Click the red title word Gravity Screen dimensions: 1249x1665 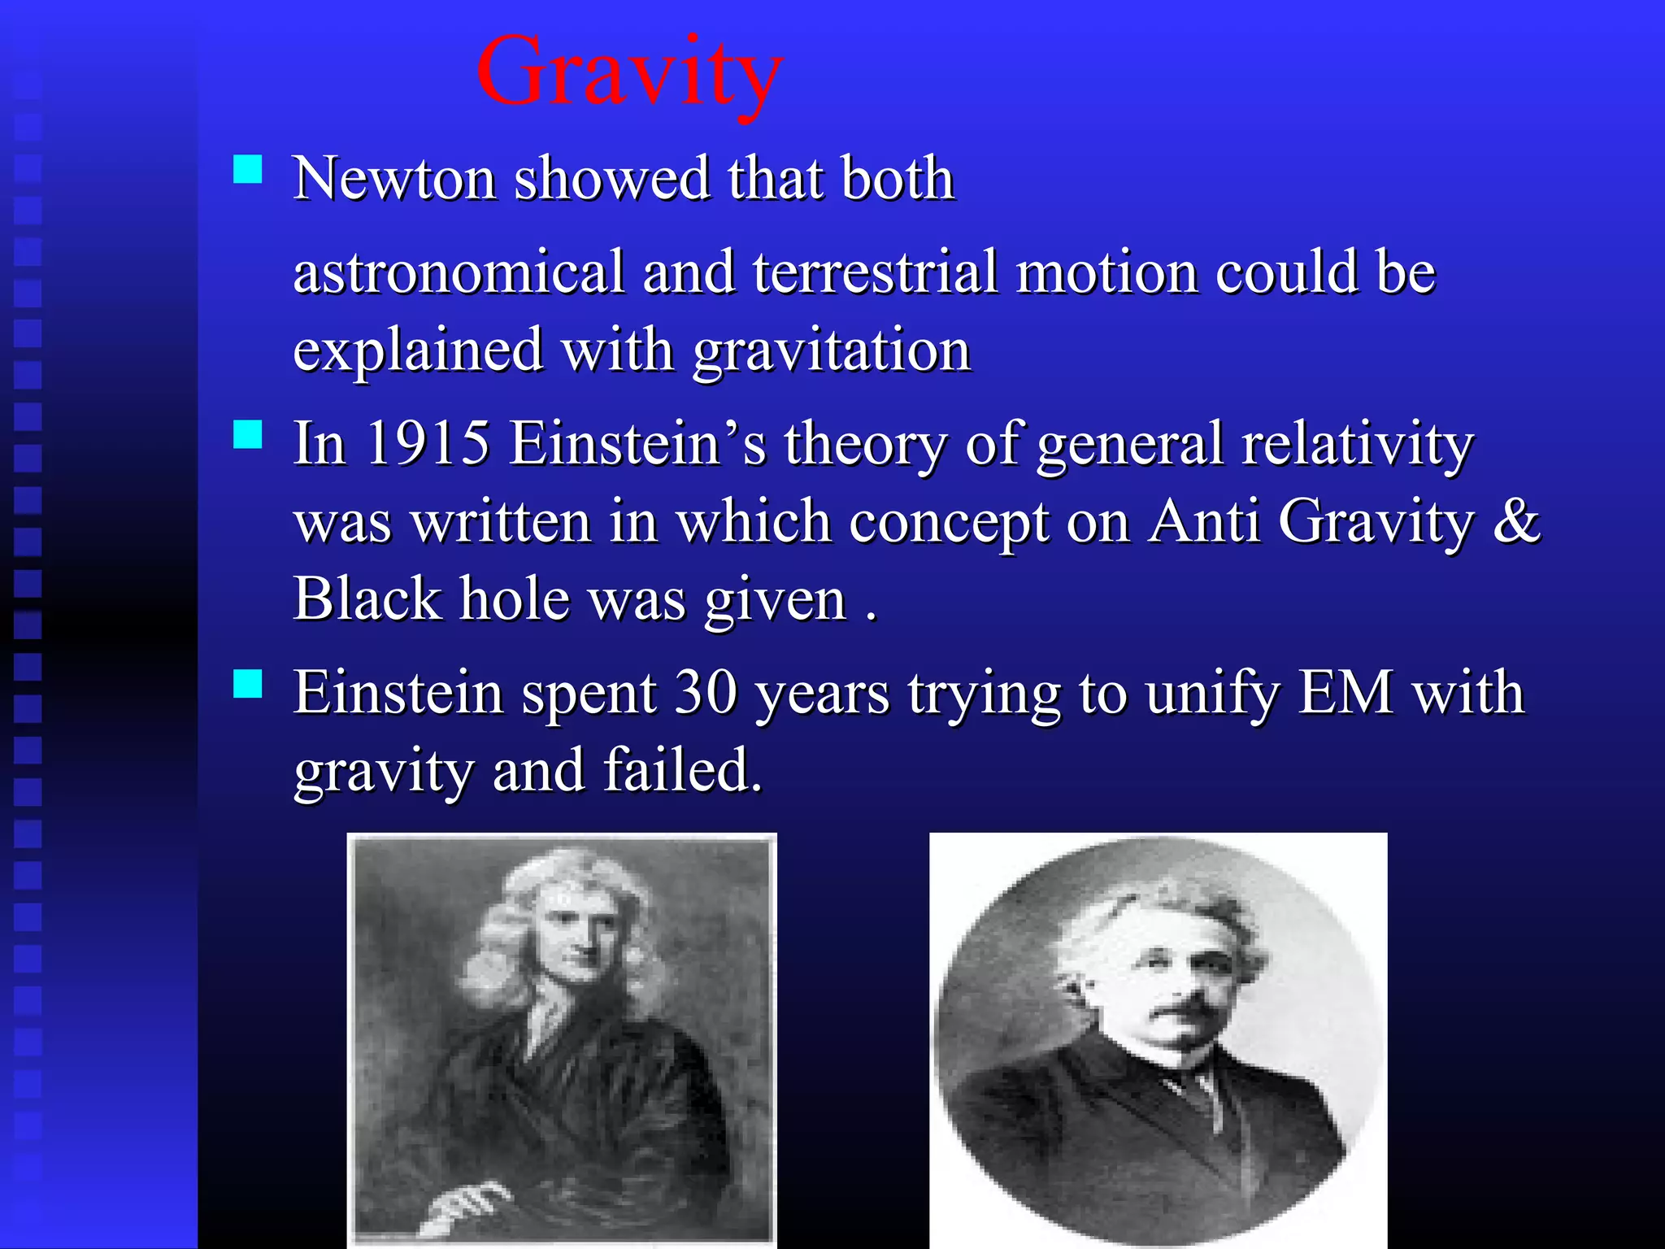(629, 73)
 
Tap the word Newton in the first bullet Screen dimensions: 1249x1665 (394, 178)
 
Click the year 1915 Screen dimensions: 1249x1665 (428, 444)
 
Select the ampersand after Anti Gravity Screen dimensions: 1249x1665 (1516, 521)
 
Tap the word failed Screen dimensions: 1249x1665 (683, 770)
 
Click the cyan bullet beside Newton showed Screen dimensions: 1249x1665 (247, 170)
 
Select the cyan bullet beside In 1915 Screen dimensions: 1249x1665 (247, 434)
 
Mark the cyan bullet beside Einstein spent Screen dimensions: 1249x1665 (247, 684)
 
